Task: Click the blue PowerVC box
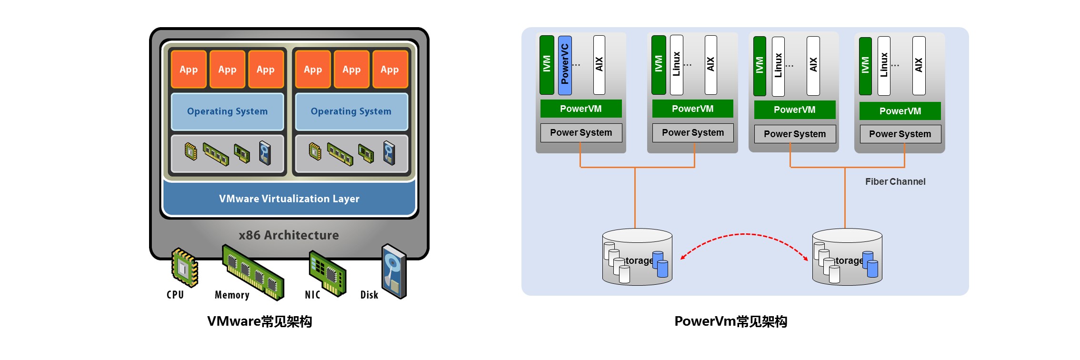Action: tap(565, 65)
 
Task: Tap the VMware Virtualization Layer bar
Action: tap(289, 199)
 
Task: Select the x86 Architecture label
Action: tap(289, 235)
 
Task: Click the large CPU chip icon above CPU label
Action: tap(184, 267)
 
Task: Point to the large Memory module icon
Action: tap(253, 272)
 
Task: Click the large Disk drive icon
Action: tap(394, 271)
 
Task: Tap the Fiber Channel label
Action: tap(895, 181)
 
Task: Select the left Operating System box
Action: tap(227, 111)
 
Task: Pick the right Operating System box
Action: tap(351, 111)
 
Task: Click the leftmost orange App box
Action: tap(189, 70)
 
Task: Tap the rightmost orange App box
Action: tap(390, 70)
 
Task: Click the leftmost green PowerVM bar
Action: tap(581, 109)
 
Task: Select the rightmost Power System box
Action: tap(900, 134)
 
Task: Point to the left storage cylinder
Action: tap(637, 257)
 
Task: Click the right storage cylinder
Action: tap(847, 257)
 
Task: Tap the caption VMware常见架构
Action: tap(260, 321)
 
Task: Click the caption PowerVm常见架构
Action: tap(731, 321)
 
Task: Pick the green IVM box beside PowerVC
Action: tap(547, 65)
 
